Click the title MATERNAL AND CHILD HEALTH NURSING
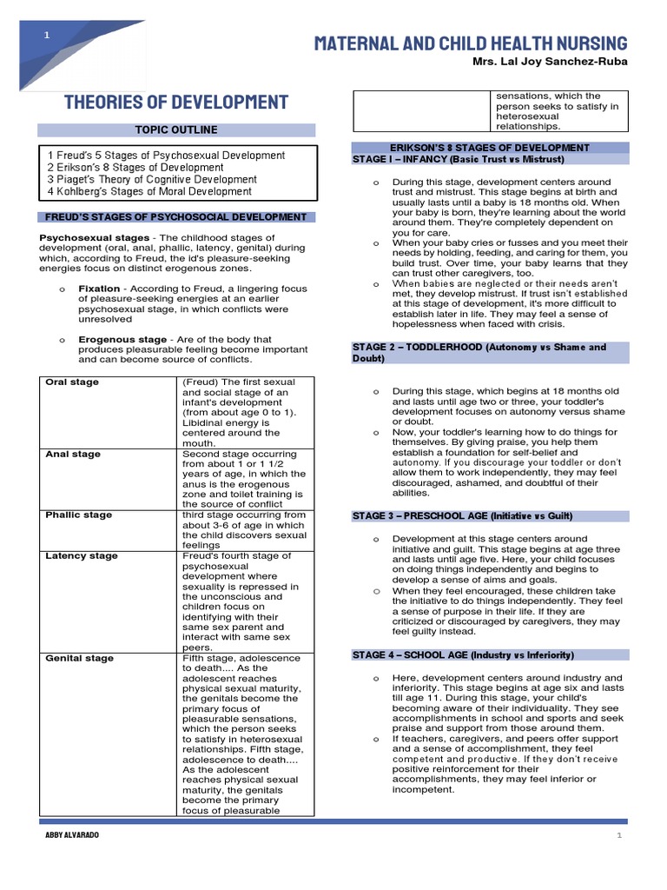[x=470, y=43]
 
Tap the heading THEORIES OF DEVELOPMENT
[x=176, y=103]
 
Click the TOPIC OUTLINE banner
[x=175, y=130]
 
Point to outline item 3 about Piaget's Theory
[x=152, y=180]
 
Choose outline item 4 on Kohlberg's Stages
[x=149, y=192]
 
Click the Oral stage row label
[x=72, y=382]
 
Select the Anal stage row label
[x=72, y=455]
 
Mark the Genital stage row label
[x=79, y=658]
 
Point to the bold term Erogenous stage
[x=122, y=339]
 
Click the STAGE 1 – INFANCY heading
[x=458, y=160]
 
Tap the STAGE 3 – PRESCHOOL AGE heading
[x=462, y=516]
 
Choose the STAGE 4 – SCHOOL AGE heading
[x=463, y=654]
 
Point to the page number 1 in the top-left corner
[x=47, y=35]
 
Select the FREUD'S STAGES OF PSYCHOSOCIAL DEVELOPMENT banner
[x=176, y=217]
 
